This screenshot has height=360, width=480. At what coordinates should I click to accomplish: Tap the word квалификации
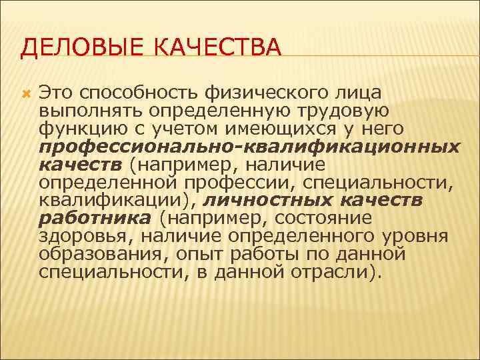coord(115,200)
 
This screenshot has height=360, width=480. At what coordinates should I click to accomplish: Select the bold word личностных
coord(267,200)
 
